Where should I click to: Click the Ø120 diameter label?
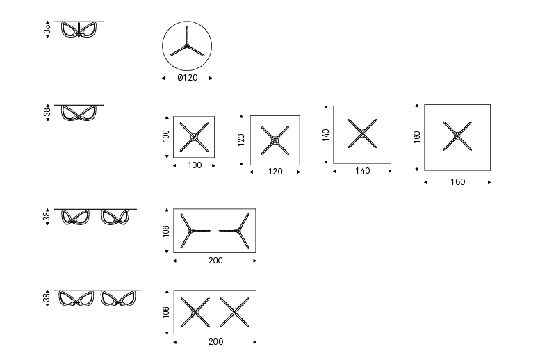tap(188, 78)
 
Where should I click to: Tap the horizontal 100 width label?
tap(195, 165)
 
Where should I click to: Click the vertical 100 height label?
tap(166, 136)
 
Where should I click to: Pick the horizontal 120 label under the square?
tap(275, 171)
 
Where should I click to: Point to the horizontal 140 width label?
tap(362, 171)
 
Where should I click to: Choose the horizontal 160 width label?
tap(457, 182)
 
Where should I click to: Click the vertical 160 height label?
tap(417, 136)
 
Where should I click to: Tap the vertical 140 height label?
tap(325, 134)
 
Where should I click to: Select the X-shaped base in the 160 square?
tap(457, 136)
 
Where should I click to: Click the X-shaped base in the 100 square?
tap(195, 136)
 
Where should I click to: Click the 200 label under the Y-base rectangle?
tap(215, 261)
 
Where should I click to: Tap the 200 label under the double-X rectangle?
tap(215, 342)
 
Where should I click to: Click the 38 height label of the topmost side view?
tap(47, 29)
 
